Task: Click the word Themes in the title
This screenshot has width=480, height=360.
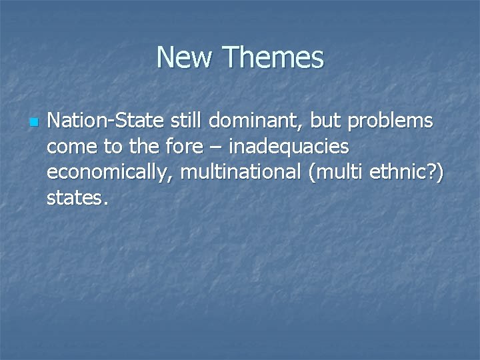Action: [x=273, y=58]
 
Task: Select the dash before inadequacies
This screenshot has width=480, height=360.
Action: [x=209, y=148]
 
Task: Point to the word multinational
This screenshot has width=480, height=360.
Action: [x=242, y=172]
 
